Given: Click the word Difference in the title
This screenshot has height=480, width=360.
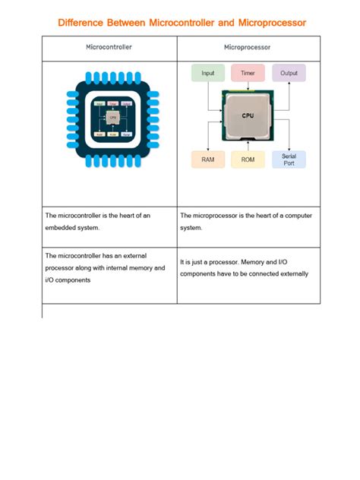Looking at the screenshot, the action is (x=85, y=23).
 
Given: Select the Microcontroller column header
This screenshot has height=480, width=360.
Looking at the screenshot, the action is (x=109, y=47).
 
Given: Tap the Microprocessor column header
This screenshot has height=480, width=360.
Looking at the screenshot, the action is (x=248, y=47).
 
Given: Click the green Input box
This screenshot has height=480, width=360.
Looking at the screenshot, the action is (x=207, y=73).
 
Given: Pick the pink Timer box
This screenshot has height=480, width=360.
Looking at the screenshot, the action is (x=248, y=73).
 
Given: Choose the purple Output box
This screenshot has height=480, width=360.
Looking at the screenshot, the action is (x=289, y=73).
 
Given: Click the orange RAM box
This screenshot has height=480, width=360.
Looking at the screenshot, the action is (x=207, y=159).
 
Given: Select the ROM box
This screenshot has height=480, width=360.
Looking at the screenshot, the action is (x=248, y=159).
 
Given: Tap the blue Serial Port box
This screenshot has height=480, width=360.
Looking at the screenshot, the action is (x=289, y=159).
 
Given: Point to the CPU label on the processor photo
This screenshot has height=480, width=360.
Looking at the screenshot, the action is (x=248, y=115).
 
